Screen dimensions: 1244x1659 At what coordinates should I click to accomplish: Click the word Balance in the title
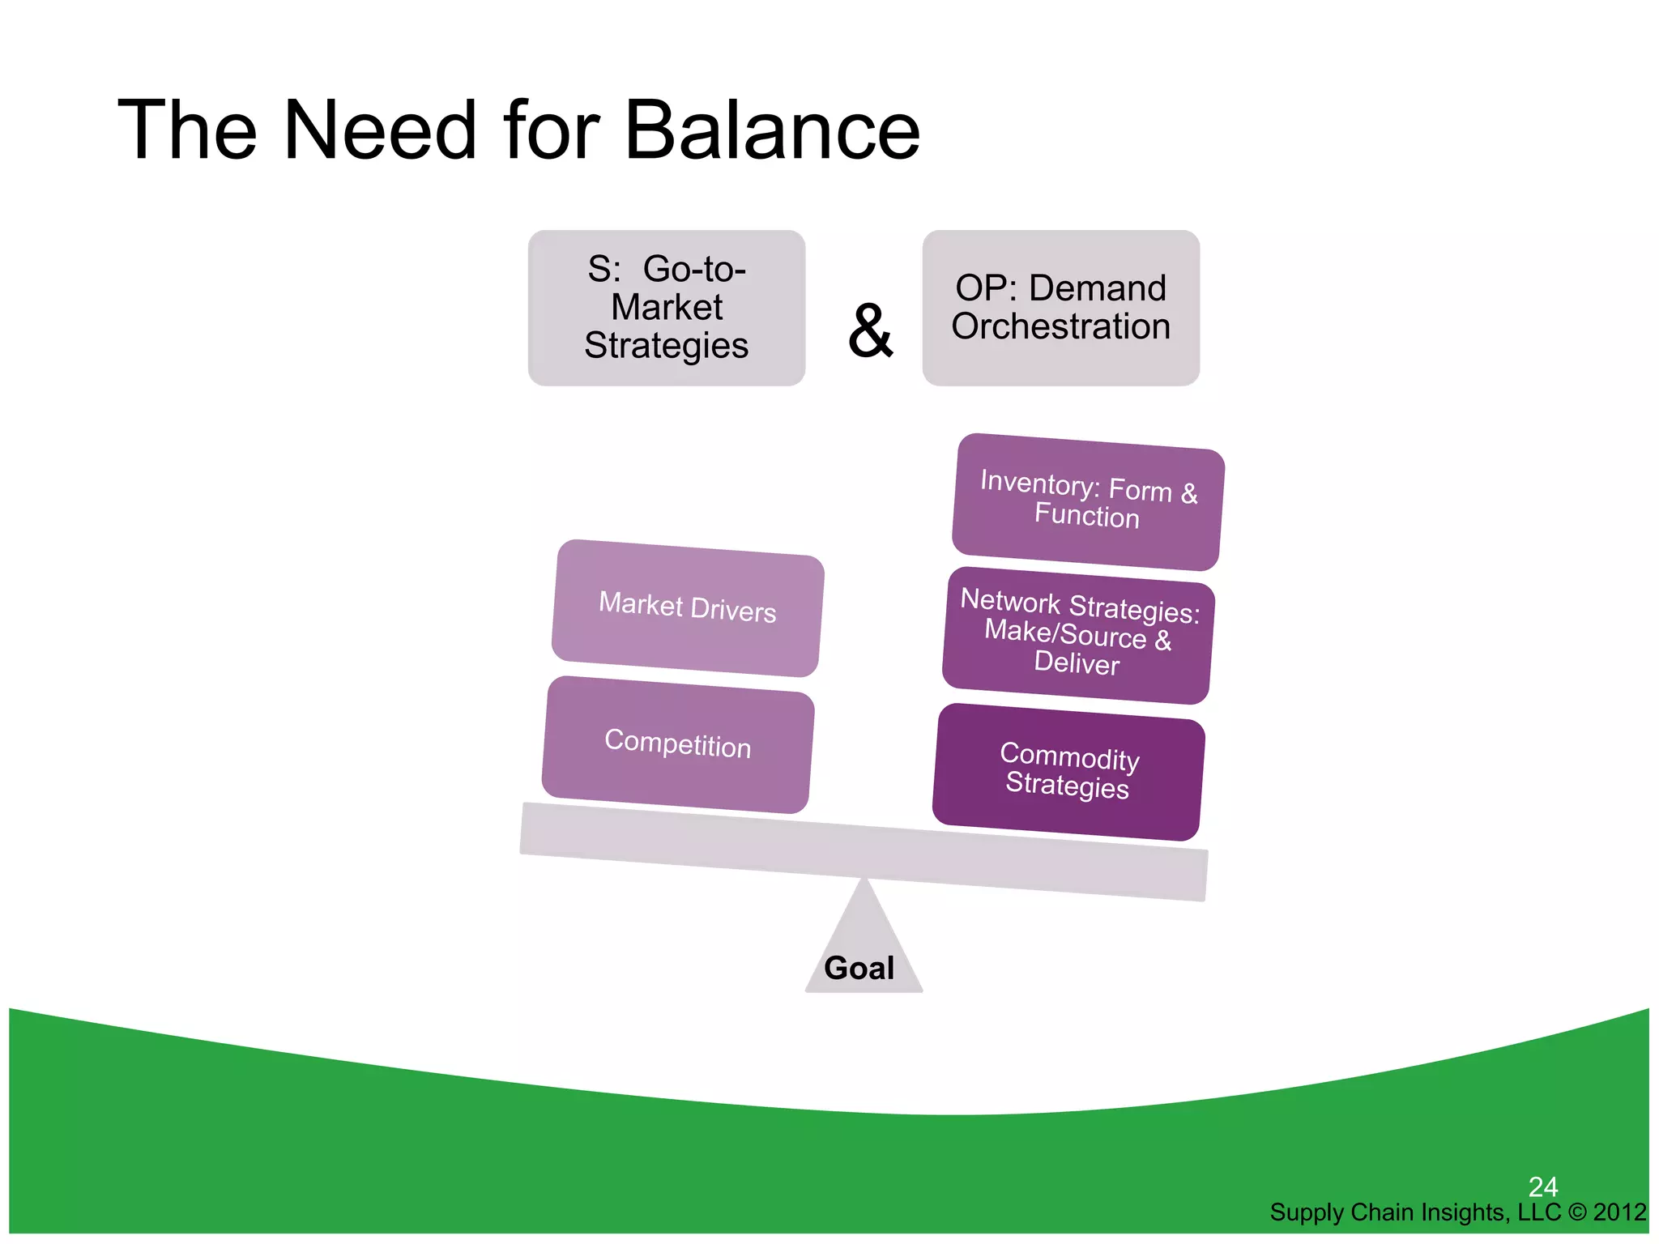[773, 130]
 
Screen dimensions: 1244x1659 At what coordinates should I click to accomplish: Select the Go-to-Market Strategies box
[666, 308]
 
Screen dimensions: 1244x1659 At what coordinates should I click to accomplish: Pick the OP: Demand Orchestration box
[1060, 308]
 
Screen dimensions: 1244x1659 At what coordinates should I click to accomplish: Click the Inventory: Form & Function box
[1087, 502]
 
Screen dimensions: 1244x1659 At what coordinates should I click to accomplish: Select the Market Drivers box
[687, 607]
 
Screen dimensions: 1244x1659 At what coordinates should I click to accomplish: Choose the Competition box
[677, 743]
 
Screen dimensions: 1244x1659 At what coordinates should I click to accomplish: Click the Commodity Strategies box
[1068, 771]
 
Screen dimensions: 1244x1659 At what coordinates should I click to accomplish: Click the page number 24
[1542, 1186]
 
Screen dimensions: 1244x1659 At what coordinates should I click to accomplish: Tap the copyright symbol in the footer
[1577, 1212]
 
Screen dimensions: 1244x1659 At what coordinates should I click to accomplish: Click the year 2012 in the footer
[1619, 1212]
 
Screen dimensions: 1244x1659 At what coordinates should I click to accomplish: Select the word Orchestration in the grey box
[1060, 326]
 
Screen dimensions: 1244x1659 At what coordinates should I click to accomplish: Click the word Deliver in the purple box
[1077, 662]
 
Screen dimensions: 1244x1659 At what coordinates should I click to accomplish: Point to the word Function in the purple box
[1086, 516]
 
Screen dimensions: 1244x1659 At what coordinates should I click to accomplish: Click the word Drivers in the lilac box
[733, 610]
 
